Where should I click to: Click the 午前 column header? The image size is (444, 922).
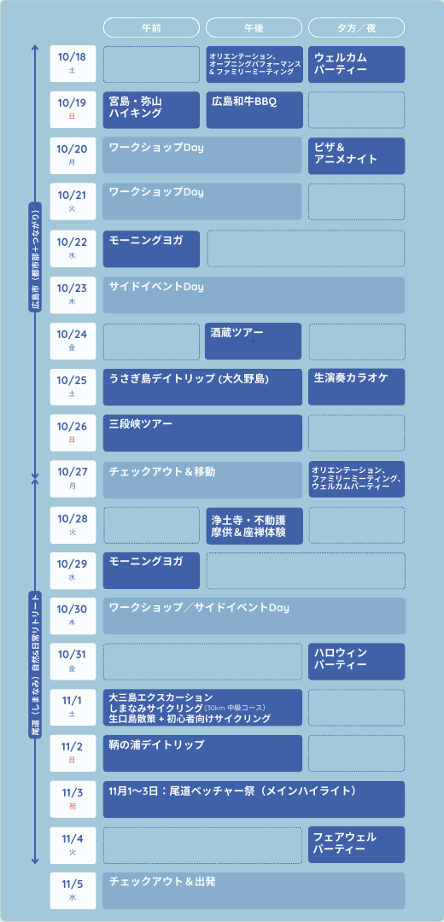coord(152,27)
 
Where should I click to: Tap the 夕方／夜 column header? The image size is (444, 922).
coord(356,27)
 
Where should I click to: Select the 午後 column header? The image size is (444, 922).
coord(254,27)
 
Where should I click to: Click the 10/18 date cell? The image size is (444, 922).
coord(73,64)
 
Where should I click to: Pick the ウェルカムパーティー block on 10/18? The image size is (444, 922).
coord(356,64)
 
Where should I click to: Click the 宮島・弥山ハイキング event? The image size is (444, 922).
coord(152,110)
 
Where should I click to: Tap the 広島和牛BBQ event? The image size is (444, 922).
coord(254,110)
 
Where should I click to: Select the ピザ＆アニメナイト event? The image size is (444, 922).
coord(356,156)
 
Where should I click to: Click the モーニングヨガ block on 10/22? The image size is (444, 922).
coord(151,248)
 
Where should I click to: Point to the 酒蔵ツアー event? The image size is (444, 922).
coord(253,341)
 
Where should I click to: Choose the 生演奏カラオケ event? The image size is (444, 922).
coord(356,387)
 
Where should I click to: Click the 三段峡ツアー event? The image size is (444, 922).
coord(202,433)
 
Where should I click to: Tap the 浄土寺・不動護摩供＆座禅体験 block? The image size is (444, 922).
coord(254,525)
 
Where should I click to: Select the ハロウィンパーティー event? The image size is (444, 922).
coord(356,662)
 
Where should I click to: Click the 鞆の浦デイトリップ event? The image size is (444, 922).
coord(202,753)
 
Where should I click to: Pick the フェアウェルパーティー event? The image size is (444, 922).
coord(356,844)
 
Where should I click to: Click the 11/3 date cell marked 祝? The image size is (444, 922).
coord(73,799)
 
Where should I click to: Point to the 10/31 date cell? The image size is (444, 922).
coord(73,662)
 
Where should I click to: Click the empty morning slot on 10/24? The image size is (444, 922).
coord(152,341)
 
